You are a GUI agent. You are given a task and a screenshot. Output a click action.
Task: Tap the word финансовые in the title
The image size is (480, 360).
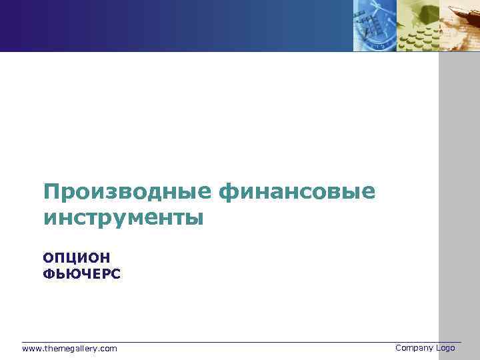(x=296, y=193)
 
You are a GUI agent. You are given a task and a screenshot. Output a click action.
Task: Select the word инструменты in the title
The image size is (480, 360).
(x=123, y=218)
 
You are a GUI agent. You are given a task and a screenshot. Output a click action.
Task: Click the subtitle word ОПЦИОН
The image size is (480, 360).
(x=76, y=257)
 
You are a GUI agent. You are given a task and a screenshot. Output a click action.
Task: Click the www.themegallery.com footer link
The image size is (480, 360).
(x=69, y=349)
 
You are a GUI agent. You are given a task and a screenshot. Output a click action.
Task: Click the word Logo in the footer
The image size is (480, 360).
(x=446, y=348)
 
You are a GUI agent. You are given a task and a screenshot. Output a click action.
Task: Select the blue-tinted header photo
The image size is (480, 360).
(x=375, y=25)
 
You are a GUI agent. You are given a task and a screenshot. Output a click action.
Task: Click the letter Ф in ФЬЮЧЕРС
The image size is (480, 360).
(x=48, y=273)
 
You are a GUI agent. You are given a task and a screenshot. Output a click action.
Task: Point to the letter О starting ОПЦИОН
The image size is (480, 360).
(x=48, y=257)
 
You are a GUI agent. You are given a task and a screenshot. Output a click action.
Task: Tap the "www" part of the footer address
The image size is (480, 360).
(x=31, y=349)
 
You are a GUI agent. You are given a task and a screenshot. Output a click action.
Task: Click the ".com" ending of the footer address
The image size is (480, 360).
(x=109, y=349)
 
